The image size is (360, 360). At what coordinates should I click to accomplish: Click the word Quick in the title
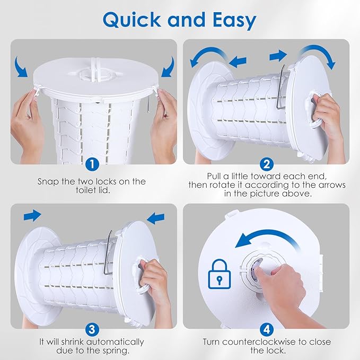pyautogui.click(x=131, y=20)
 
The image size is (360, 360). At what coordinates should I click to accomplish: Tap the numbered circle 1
pyautogui.click(x=92, y=164)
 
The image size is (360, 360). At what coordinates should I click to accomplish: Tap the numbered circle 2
pyautogui.click(x=267, y=164)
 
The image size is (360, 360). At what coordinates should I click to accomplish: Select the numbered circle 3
pyautogui.click(x=92, y=330)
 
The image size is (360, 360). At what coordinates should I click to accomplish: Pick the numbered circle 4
pyautogui.click(x=267, y=330)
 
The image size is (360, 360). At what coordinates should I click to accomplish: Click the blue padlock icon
pyautogui.click(x=219, y=274)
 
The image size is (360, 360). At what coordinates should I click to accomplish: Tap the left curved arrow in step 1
pyautogui.click(x=21, y=67)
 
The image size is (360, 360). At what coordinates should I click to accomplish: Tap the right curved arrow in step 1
pyautogui.click(x=168, y=67)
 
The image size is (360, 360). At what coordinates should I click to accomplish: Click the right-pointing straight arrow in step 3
pyautogui.click(x=32, y=216)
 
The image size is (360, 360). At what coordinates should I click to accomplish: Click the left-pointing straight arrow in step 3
pyautogui.click(x=156, y=218)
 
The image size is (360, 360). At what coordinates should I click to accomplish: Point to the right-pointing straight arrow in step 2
pyautogui.click(x=278, y=56)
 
